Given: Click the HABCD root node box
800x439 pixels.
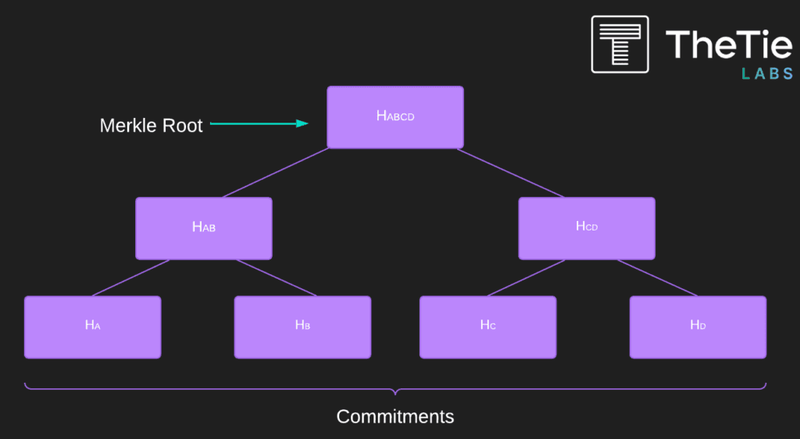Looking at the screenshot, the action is [x=395, y=117].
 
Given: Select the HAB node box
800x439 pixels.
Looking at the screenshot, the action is [x=204, y=228].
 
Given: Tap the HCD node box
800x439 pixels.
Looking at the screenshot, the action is [x=587, y=228].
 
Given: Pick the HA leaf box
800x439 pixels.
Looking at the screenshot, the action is [x=93, y=327].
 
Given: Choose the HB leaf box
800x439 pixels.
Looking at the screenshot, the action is [x=302, y=327].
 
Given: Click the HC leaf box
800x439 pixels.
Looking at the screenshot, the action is [x=487, y=327].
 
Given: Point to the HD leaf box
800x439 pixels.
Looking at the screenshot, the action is [x=698, y=327].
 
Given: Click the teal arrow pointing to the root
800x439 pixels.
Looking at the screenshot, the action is [x=259, y=123].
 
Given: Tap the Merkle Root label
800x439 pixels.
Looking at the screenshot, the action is [x=151, y=126].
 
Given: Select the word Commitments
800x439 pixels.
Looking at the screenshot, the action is [x=395, y=416].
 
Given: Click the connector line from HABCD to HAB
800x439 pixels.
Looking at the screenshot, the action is [x=276, y=173].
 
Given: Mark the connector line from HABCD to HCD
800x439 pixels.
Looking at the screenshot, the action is [x=511, y=173].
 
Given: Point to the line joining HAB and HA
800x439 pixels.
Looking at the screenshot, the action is [x=130, y=278].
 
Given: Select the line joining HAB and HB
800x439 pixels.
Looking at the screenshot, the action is [x=277, y=278].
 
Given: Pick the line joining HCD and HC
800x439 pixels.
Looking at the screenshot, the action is [x=526, y=278].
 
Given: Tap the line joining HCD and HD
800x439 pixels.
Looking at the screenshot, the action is [x=657, y=278].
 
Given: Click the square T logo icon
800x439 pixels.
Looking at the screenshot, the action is [x=620, y=45].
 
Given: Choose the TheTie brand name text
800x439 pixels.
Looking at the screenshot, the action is [x=729, y=45].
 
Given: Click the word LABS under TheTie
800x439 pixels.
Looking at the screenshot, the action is [x=767, y=74].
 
